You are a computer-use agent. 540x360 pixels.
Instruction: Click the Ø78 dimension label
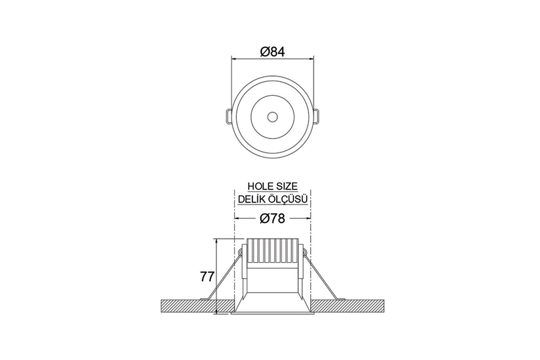[x=272, y=218]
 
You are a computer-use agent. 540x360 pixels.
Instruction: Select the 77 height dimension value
[x=207, y=277]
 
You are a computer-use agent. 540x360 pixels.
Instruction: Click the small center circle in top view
[x=273, y=117]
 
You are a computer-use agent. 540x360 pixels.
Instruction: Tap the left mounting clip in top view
[x=227, y=116]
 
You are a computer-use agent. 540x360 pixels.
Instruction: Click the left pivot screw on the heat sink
[x=240, y=252]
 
